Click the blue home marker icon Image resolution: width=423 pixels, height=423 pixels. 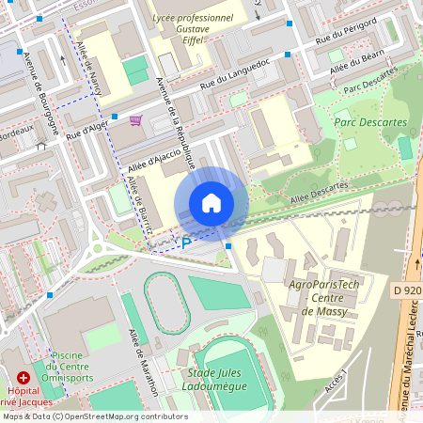pyautogui.click(x=211, y=203)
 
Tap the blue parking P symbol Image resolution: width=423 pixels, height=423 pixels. pyautogui.click(x=186, y=243)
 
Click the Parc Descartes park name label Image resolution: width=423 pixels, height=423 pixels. pyautogui.click(x=370, y=121)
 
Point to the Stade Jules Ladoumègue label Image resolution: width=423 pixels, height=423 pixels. pyautogui.click(x=222, y=380)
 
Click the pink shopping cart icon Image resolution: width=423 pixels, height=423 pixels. pyautogui.click(x=136, y=120)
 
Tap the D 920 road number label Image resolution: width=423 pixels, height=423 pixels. pyautogui.click(x=406, y=290)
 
